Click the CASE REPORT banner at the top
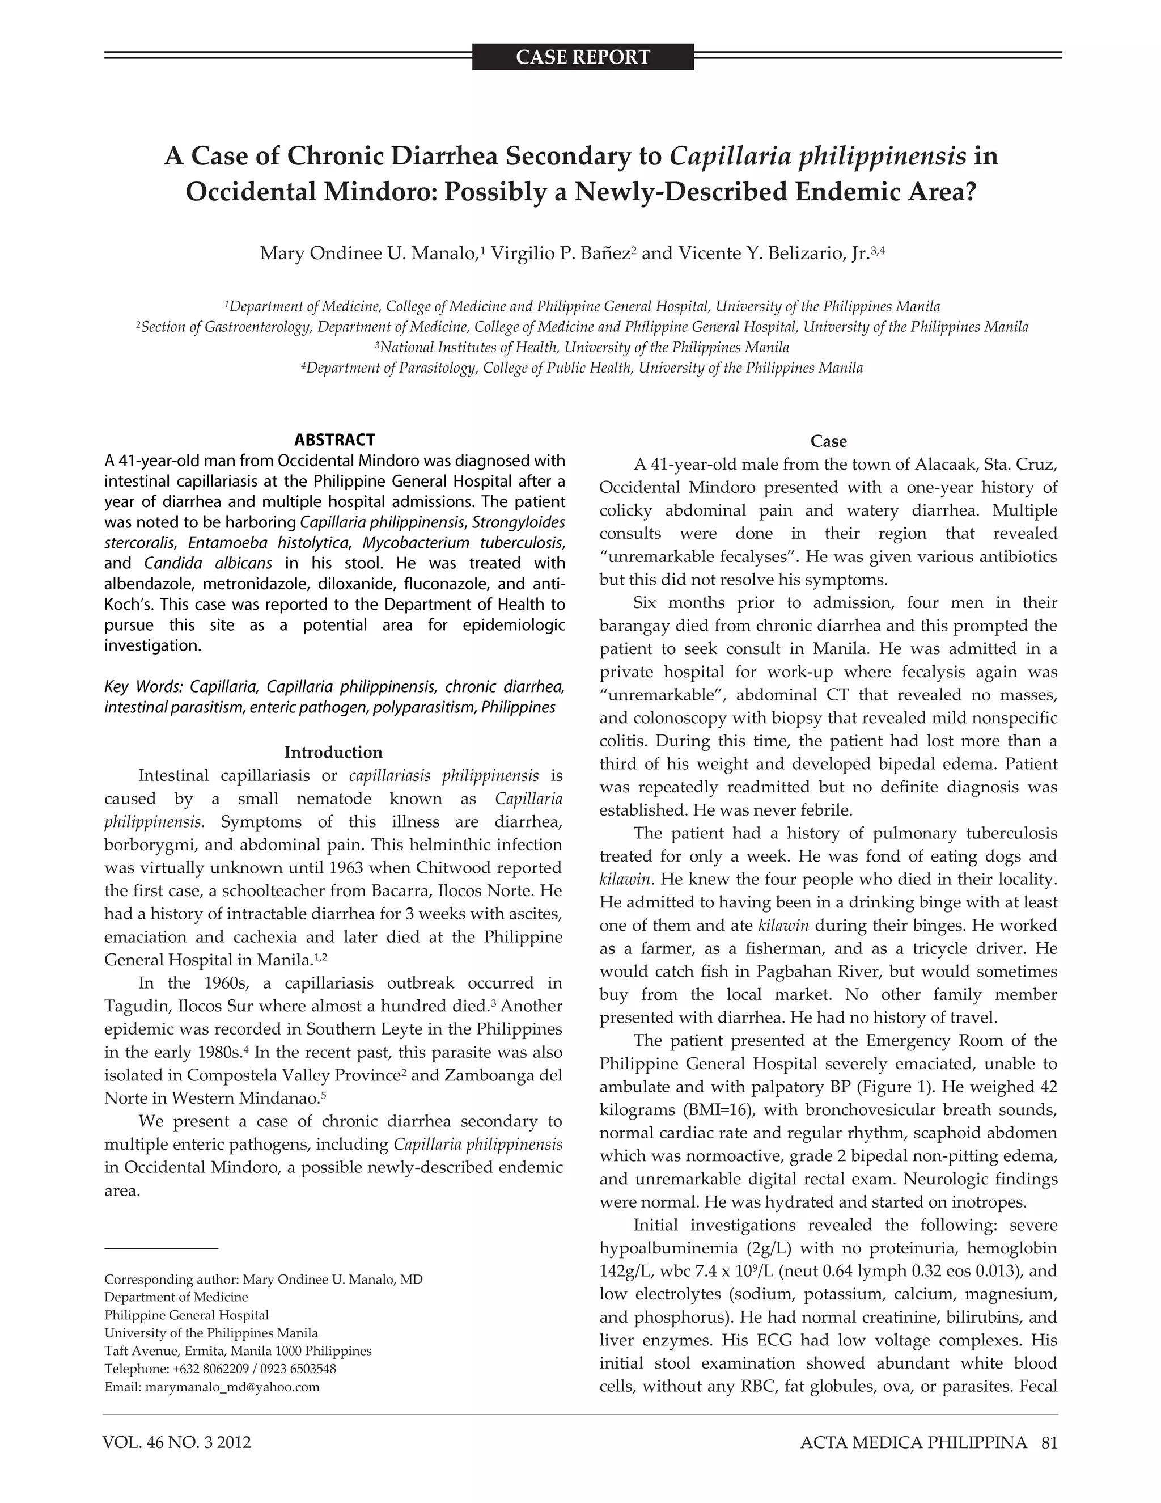[x=583, y=57]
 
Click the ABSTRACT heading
[x=334, y=440]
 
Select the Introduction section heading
[x=333, y=752]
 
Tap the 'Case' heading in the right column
[x=828, y=441]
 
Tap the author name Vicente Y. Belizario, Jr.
[x=773, y=254]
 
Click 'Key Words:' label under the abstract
[x=144, y=687]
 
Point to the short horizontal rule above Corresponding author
[x=161, y=1248]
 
